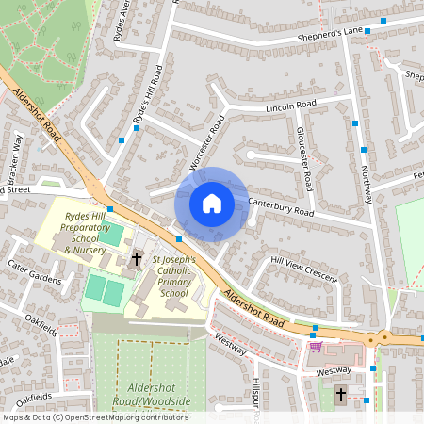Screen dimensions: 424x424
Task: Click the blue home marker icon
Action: (212, 203)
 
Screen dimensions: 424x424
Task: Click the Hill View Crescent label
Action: (303, 265)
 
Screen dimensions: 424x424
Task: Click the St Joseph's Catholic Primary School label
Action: (174, 276)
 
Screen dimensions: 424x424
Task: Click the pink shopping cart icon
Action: (315, 347)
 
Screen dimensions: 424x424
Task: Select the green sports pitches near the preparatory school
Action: (105, 287)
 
